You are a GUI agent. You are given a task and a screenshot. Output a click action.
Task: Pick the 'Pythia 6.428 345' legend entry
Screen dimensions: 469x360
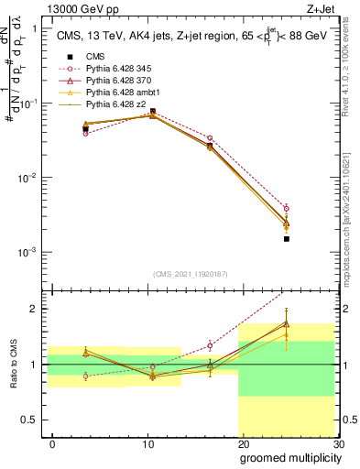coord(115,69)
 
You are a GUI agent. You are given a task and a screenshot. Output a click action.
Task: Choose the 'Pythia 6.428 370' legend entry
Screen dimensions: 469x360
coord(115,82)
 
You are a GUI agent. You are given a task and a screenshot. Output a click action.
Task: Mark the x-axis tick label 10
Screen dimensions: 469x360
coord(147,443)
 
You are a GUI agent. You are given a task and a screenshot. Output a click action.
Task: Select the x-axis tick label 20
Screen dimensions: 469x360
coord(243,443)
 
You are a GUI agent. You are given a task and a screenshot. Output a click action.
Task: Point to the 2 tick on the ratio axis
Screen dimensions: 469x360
coord(36,309)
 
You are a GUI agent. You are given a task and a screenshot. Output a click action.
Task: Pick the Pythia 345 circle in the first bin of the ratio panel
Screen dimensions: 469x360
coord(85,376)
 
